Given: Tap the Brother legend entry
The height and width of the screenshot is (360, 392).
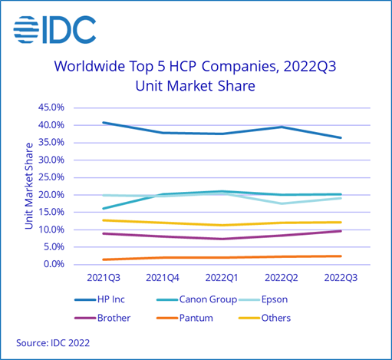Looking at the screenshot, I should click(x=115, y=316).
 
